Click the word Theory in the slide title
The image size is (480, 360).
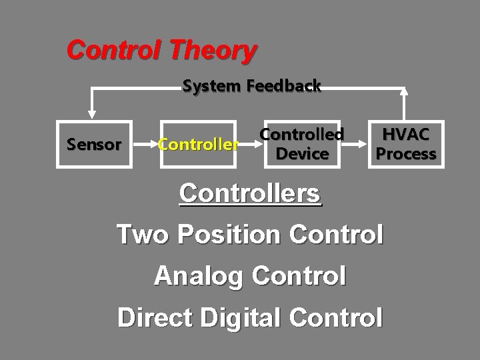click(213, 49)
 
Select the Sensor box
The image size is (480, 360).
click(94, 144)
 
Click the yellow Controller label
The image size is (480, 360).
click(197, 144)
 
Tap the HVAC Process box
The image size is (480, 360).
click(406, 144)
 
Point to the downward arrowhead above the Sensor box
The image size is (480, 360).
click(93, 114)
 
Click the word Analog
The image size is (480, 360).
click(195, 275)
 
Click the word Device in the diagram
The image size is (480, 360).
click(302, 154)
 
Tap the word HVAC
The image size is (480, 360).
click(406, 134)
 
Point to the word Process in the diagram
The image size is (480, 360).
click(406, 154)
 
